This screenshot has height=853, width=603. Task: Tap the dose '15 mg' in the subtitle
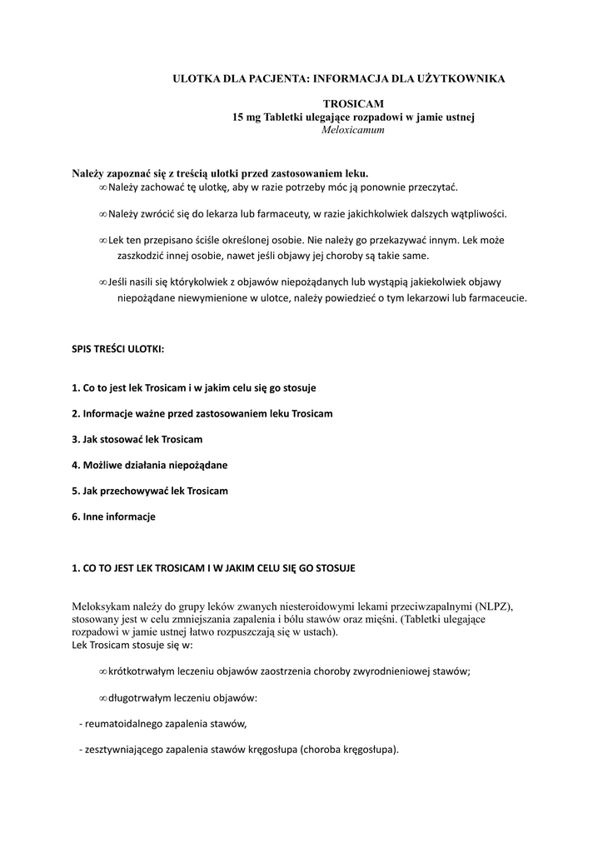tap(246, 117)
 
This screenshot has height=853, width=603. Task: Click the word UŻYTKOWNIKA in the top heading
tap(461, 78)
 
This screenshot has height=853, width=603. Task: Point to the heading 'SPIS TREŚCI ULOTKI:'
tap(118, 349)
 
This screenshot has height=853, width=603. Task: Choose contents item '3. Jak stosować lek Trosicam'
tap(137, 439)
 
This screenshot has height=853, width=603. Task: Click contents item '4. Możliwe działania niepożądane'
tap(150, 465)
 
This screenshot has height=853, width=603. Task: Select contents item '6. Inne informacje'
tap(113, 516)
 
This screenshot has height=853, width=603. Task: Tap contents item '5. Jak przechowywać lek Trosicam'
tap(150, 491)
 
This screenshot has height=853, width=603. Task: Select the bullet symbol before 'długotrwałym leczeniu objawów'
tap(103, 698)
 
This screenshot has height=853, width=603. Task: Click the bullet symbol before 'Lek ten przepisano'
tap(103, 239)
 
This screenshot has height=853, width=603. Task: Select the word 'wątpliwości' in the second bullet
tap(476, 213)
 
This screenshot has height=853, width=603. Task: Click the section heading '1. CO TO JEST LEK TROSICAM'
tap(213, 568)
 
